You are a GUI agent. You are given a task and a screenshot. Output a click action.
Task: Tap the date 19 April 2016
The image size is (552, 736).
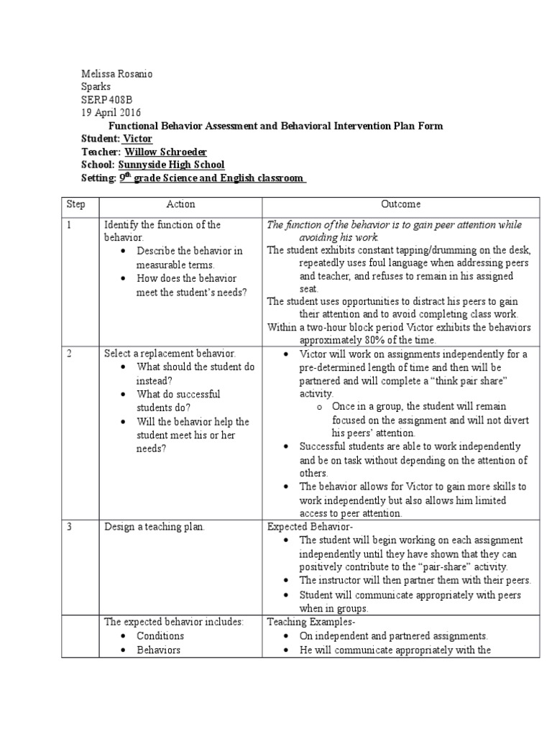(x=110, y=113)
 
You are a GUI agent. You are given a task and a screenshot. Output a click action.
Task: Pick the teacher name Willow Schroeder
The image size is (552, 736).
(x=165, y=152)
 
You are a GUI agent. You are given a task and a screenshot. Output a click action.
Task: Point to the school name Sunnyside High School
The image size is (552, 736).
(x=171, y=165)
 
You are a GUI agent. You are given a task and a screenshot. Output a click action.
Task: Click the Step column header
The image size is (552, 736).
(x=75, y=204)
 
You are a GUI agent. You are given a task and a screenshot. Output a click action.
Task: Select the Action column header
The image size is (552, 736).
(x=180, y=204)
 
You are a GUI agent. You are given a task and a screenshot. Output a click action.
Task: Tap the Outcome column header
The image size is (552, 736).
(x=401, y=204)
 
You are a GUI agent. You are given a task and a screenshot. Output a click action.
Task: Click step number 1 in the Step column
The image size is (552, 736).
(x=69, y=225)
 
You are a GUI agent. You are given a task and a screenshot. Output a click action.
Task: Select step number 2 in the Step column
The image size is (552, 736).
(x=69, y=354)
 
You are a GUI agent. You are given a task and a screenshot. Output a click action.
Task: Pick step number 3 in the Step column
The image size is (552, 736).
(x=69, y=527)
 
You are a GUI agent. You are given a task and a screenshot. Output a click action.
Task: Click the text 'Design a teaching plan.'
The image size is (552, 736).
(x=155, y=527)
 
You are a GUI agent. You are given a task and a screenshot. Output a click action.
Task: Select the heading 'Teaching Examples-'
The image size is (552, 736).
(x=306, y=622)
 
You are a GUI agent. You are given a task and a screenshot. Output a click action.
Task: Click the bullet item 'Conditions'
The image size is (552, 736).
(x=160, y=636)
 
